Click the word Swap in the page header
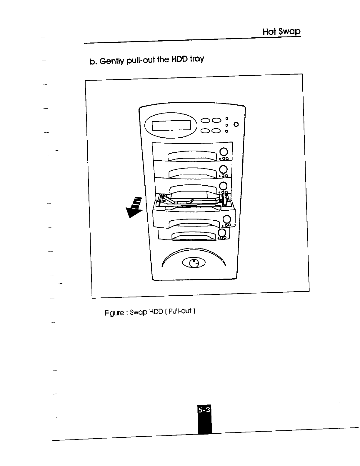point(290,31)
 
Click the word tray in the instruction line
point(197,59)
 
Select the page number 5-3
point(204,410)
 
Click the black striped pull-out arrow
point(134,207)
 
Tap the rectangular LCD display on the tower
point(171,126)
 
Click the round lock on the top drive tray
point(224,152)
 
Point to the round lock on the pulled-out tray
point(226,219)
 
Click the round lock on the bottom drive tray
point(222,233)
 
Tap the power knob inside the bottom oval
point(194,263)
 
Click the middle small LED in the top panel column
point(227,125)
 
